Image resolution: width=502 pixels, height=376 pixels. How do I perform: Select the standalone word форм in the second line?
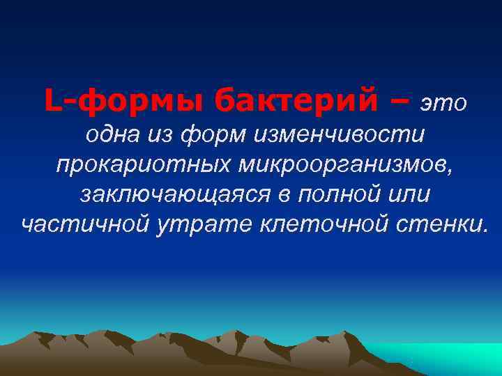tap(213, 135)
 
